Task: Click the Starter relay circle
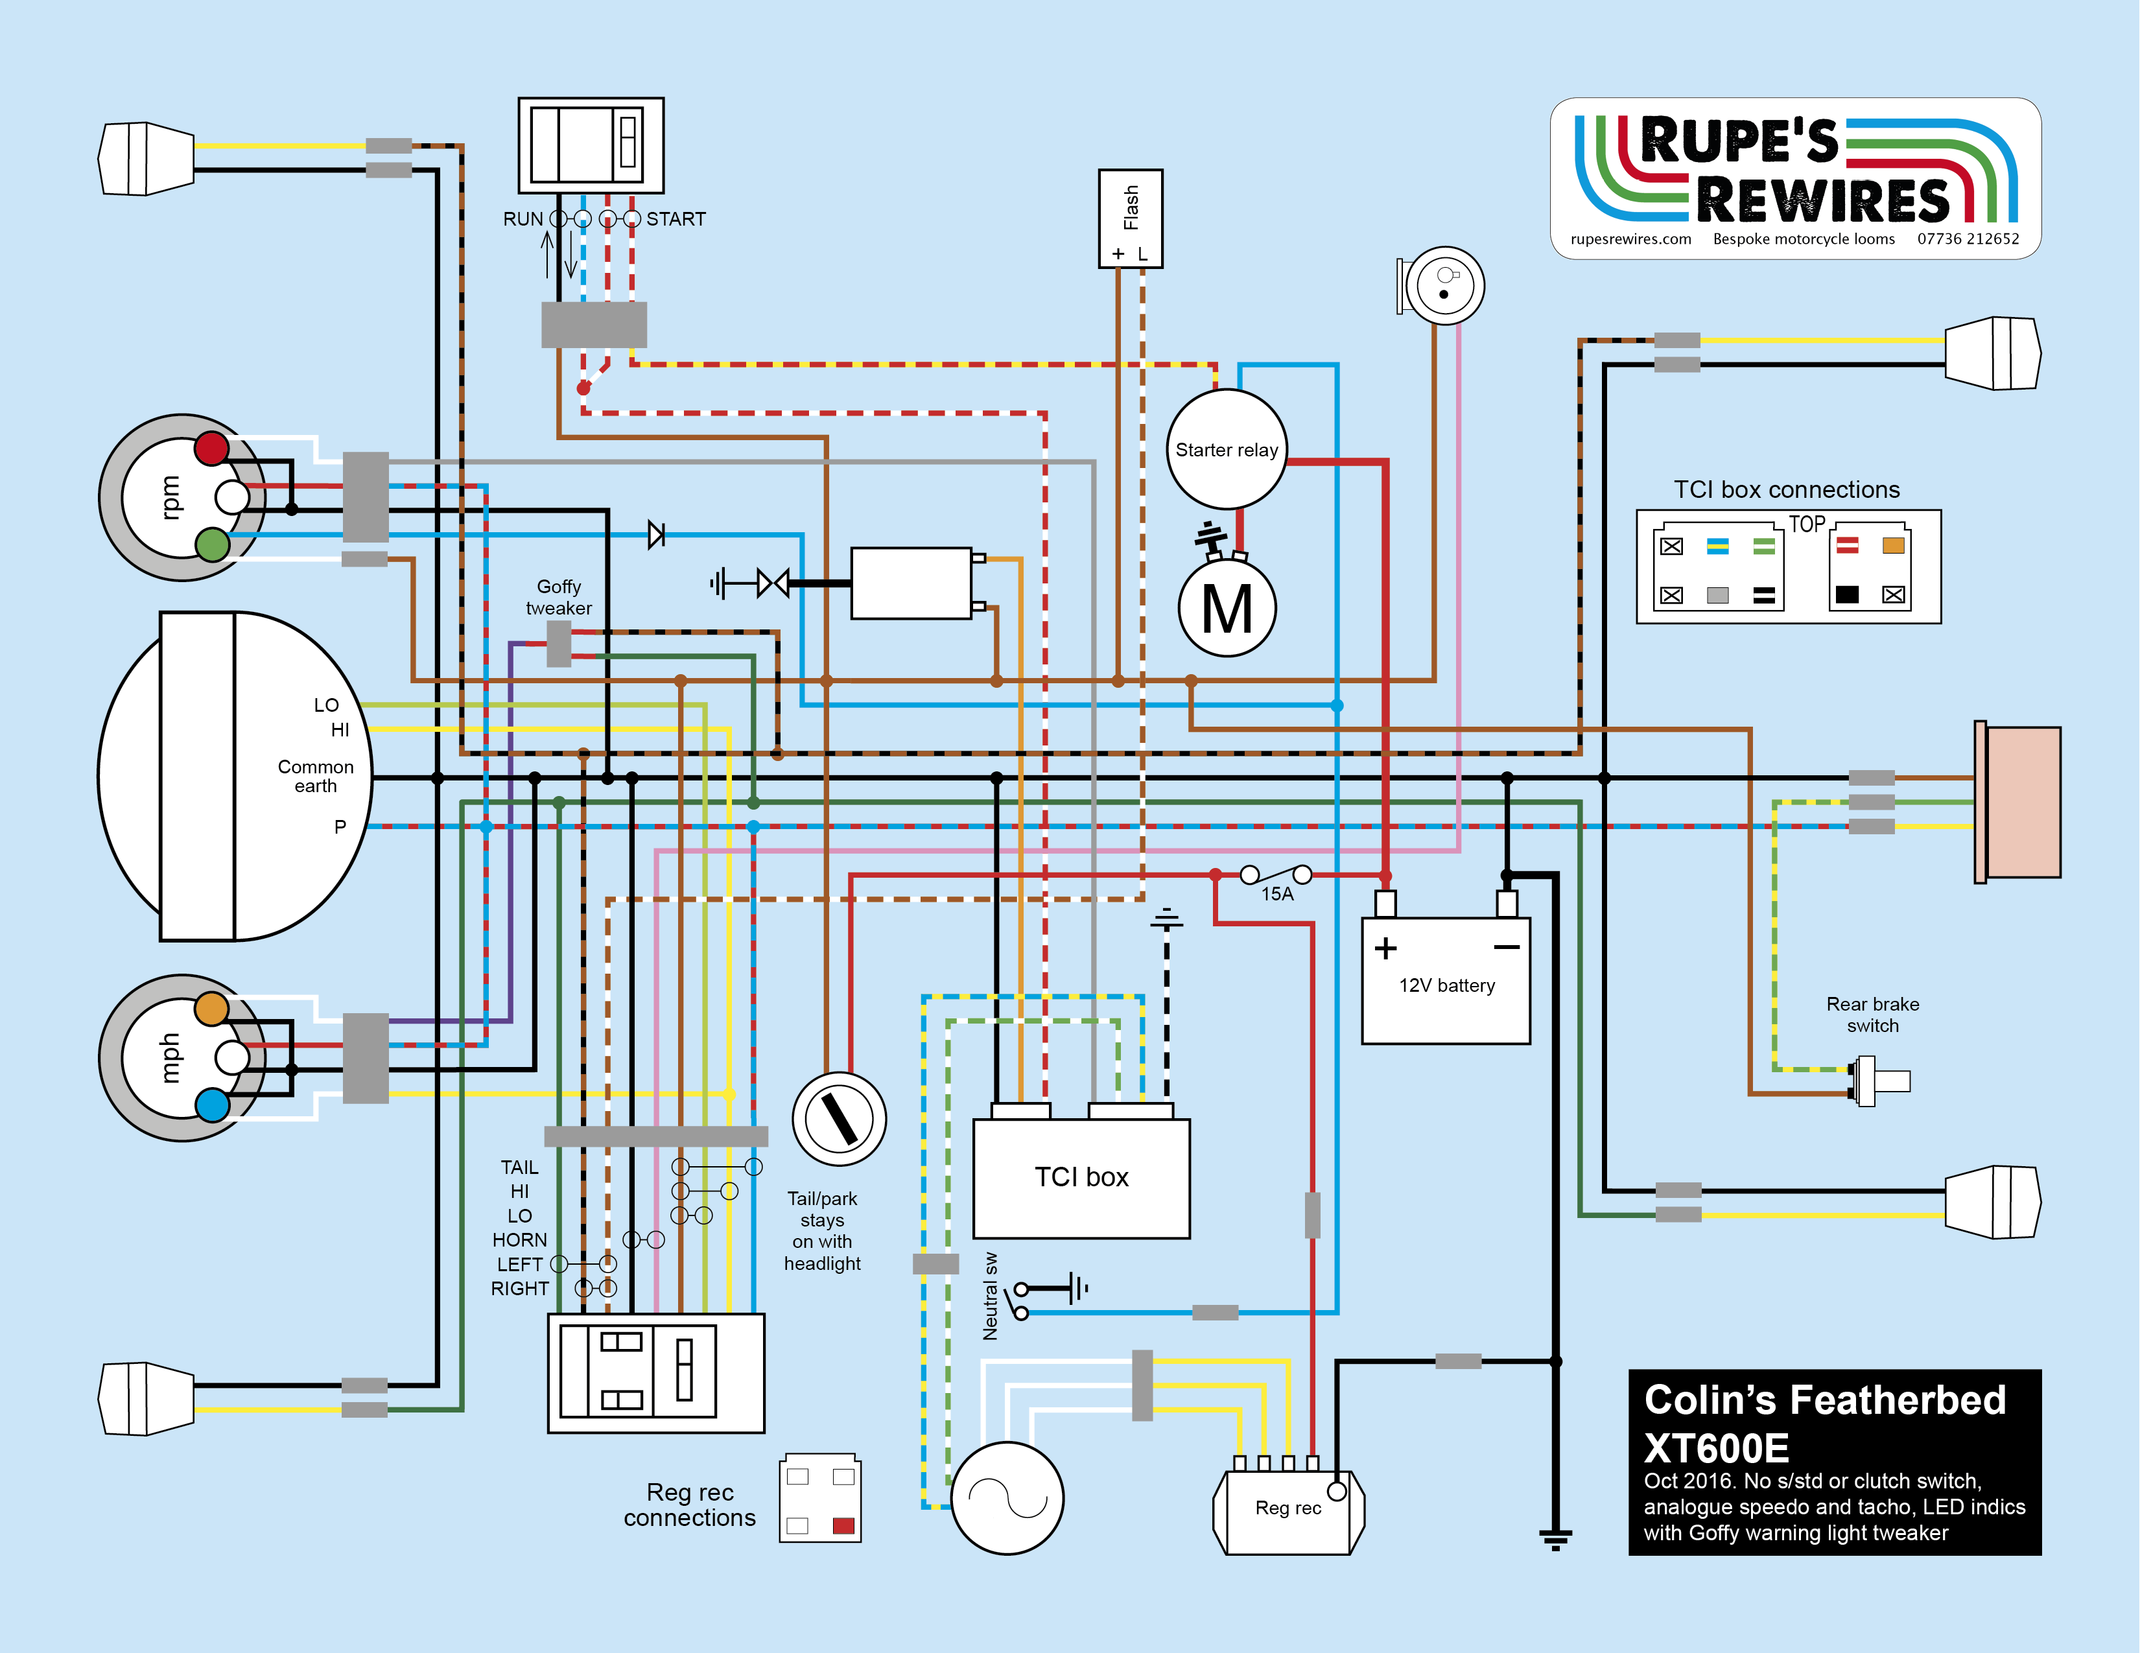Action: pyautogui.click(x=1226, y=450)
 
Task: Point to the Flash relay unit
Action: pyautogui.click(x=1131, y=218)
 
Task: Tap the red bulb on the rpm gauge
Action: pyautogui.click(x=211, y=449)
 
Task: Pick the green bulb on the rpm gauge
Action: pyautogui.click(x=211, y=545)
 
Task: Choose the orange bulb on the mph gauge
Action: pyautogui.click(x=211, y=1008)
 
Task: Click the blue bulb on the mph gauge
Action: pyautogui.click(x=211, y=1105)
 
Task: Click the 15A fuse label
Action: pyautogui.click(x=1276, y=895)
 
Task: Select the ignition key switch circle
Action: pyautogui.click(x=839, y=1119)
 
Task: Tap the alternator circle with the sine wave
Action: pyautogui.click(x=1007, y=1498)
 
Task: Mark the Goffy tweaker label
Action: pyautogui.click(x=559, y=597)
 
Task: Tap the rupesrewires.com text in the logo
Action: pyautogui.click(x=1630, y=239)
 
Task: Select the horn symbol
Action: pyautogui.click(x=1442, y=285)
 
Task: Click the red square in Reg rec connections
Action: pyautogui.click(x=843, y=1525)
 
